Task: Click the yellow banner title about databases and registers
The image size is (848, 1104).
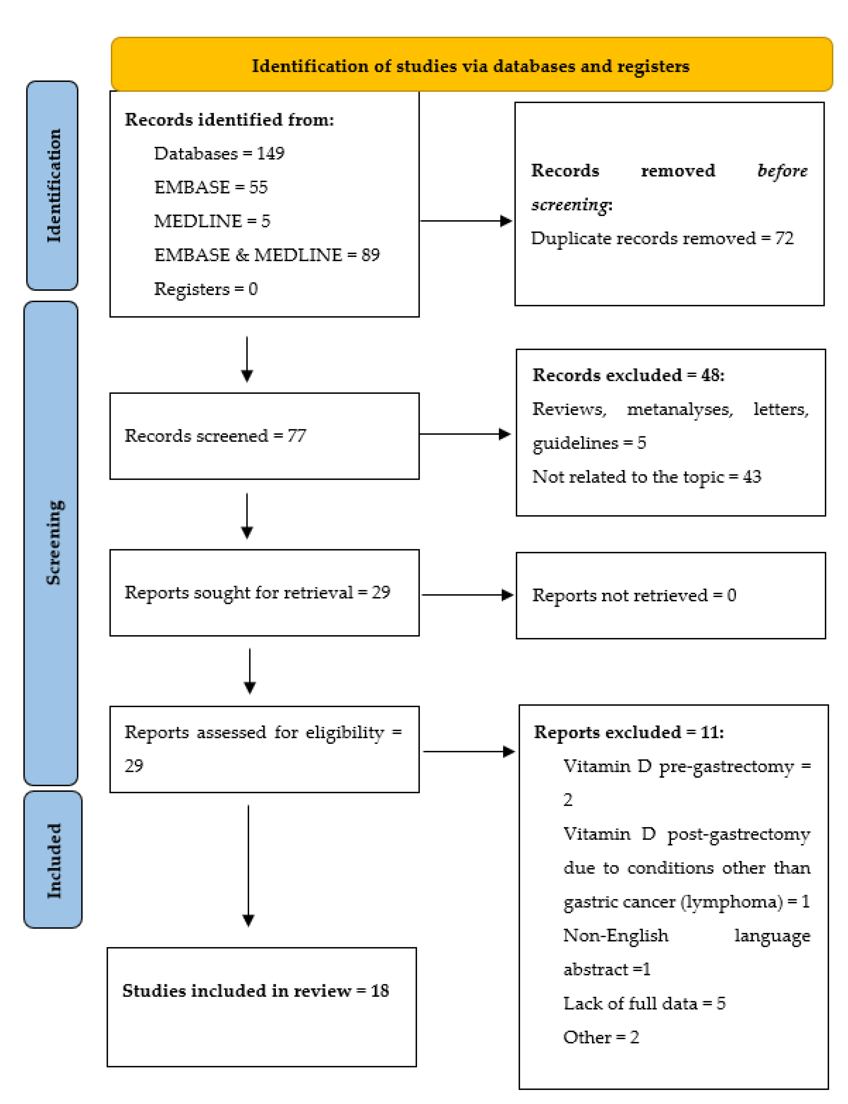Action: pos(470,66)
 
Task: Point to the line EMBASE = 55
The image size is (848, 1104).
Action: pos(210,187)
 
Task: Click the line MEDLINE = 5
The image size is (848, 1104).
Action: pos(212,221)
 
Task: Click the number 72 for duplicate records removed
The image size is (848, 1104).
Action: pos(784,238)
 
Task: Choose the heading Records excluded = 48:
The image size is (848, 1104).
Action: pos(628,375)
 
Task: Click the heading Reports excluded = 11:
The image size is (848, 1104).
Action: pos(628,732)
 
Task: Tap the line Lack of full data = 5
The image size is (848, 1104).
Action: pos(644,1003)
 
